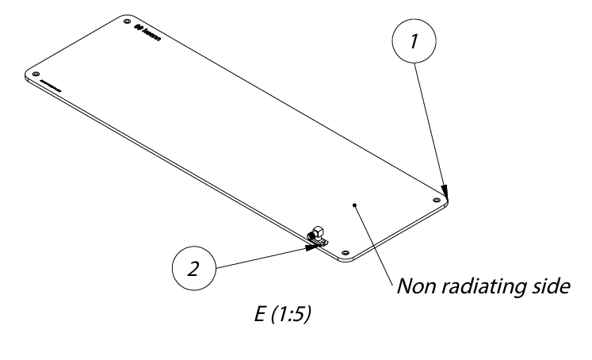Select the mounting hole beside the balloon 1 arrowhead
tap(437, 200)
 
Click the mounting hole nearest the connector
tap(344, 251)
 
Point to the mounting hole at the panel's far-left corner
tap(36, 74)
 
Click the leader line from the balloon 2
tap(262, 256)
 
